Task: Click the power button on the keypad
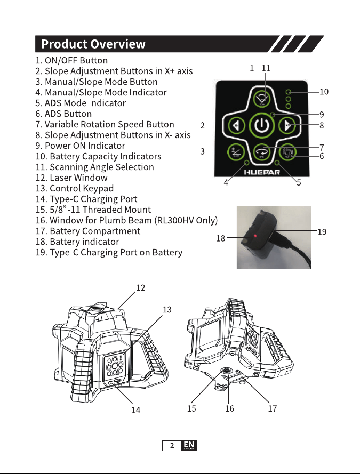click(261, 125)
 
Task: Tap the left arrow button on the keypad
click(236, 125)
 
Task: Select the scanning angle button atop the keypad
click(262, 98)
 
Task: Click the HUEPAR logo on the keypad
click(262, 172)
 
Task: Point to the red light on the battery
click(255, 236)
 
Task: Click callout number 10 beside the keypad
click(324, 92)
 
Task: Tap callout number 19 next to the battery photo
click(322, 232)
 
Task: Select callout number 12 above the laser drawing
click(141, 287)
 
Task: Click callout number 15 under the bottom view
click(191, 408)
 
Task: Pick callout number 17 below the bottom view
click(273, 408)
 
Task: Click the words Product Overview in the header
click(93, 44)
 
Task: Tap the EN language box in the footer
click(189, 445)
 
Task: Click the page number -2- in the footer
click(172, 446)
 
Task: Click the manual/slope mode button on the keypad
click(236, 152)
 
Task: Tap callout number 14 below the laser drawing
click(135, 410)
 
